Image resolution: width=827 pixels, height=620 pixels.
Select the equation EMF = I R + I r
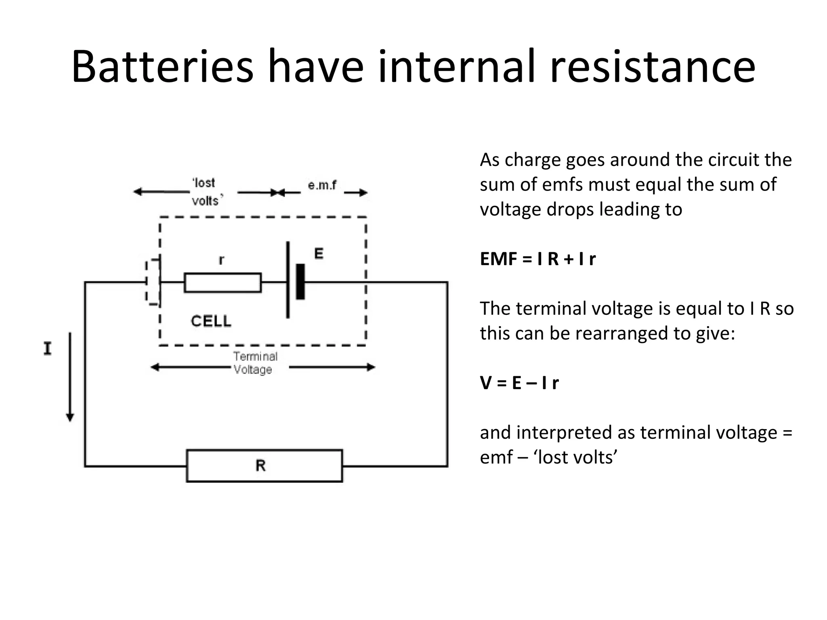pyautogui.click(x=537, y=259)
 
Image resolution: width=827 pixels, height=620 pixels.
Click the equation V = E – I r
pyautogui.click(x=519, y=383)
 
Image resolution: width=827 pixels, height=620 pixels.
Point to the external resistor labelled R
pyautogui.click(x=264, y=465)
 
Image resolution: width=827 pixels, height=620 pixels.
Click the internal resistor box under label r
pyautogui.click(x=222, y=283)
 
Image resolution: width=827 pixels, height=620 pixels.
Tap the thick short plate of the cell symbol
pyautogui.click(x=300, y=282)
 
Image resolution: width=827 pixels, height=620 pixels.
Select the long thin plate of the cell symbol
pyautogui.click(x=288, y=280)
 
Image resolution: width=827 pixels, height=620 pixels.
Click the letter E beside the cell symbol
pyautogui.click(x=319, y=254)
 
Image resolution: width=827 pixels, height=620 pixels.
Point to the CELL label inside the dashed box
pyautogui.click(x=211, y=321)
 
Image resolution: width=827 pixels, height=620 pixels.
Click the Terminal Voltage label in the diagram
pyautogui.click(x=255, y=363)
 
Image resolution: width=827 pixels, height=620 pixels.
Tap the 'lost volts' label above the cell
pyautogui.click(x=206, y=191)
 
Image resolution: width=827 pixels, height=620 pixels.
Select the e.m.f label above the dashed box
pyautogui.click(x=322, y=185)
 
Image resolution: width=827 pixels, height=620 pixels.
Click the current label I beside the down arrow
pyautogui.click(x=48, y=348)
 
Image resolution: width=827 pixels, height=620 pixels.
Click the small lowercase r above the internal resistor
pyautogui.click(x=221, y=260)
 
